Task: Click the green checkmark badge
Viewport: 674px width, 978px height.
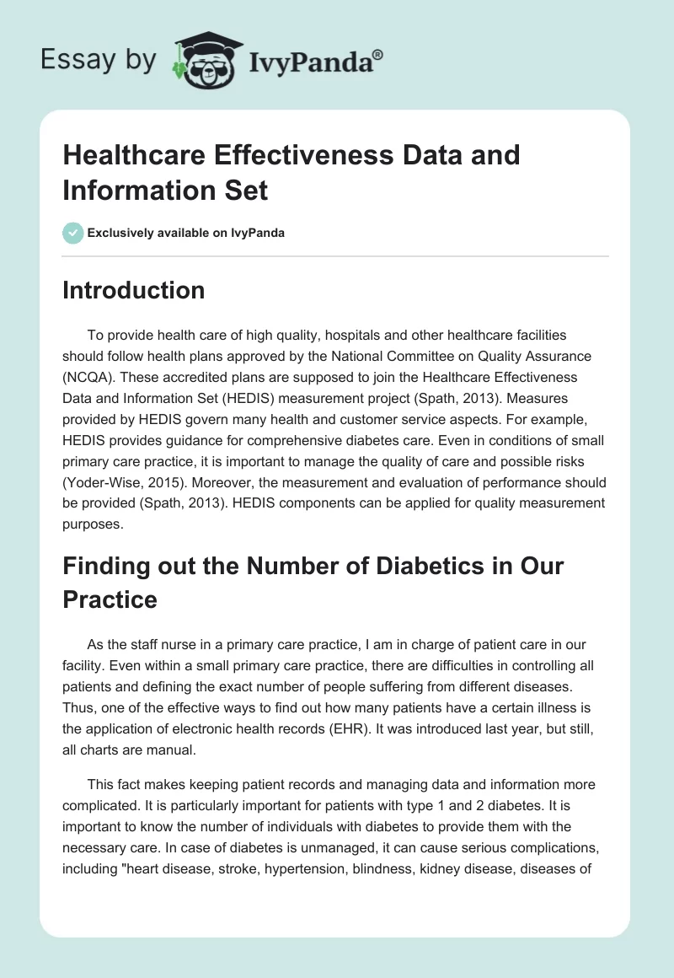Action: pyautogui.click(x=73, y=233)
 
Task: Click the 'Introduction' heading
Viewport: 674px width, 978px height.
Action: pyautogui.click(x=133, y=290)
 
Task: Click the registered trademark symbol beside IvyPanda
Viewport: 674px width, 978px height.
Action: pyautogui.click(x=377, y=54)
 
